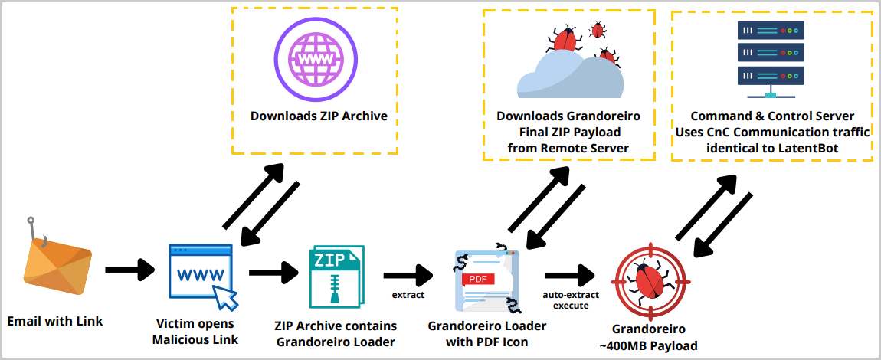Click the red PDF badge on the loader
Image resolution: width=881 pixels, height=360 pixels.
(x=479, y=279)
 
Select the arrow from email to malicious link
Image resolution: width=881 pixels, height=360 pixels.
(x=130, y=270)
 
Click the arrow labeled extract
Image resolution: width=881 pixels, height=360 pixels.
(x=408, y=274)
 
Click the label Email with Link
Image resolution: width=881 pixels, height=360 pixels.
(x=54, y=321)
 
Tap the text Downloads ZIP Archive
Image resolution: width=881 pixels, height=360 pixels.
(x=319, y=116)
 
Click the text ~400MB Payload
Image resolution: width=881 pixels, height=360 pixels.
(x=648, y=345)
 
